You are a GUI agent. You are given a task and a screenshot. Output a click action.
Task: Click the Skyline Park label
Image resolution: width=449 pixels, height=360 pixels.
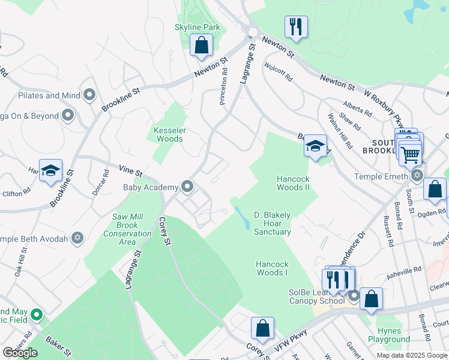197,27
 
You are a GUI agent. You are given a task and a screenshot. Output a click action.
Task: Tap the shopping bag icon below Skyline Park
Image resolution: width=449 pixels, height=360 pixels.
201,45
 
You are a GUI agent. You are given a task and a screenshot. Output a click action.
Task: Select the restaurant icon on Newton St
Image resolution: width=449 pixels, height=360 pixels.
296,27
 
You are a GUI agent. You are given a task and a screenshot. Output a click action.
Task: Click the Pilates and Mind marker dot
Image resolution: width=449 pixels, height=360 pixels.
90,95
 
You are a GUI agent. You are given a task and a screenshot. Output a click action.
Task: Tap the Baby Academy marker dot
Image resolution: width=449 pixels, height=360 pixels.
188,187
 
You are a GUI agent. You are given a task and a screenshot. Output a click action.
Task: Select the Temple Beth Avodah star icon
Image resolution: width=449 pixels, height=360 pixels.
77,238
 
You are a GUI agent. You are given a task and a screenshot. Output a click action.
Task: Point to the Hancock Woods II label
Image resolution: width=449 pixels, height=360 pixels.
292,183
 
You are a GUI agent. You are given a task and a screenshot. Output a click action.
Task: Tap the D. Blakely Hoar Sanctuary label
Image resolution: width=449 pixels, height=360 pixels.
272,223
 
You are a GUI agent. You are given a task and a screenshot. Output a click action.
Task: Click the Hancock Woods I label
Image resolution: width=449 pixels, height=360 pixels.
272,268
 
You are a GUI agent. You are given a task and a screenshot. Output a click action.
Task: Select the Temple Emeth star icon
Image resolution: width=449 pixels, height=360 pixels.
417,176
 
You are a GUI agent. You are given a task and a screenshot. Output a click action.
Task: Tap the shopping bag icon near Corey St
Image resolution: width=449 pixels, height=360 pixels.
262,328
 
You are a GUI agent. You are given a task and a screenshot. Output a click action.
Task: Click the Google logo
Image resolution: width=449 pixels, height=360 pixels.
20,353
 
